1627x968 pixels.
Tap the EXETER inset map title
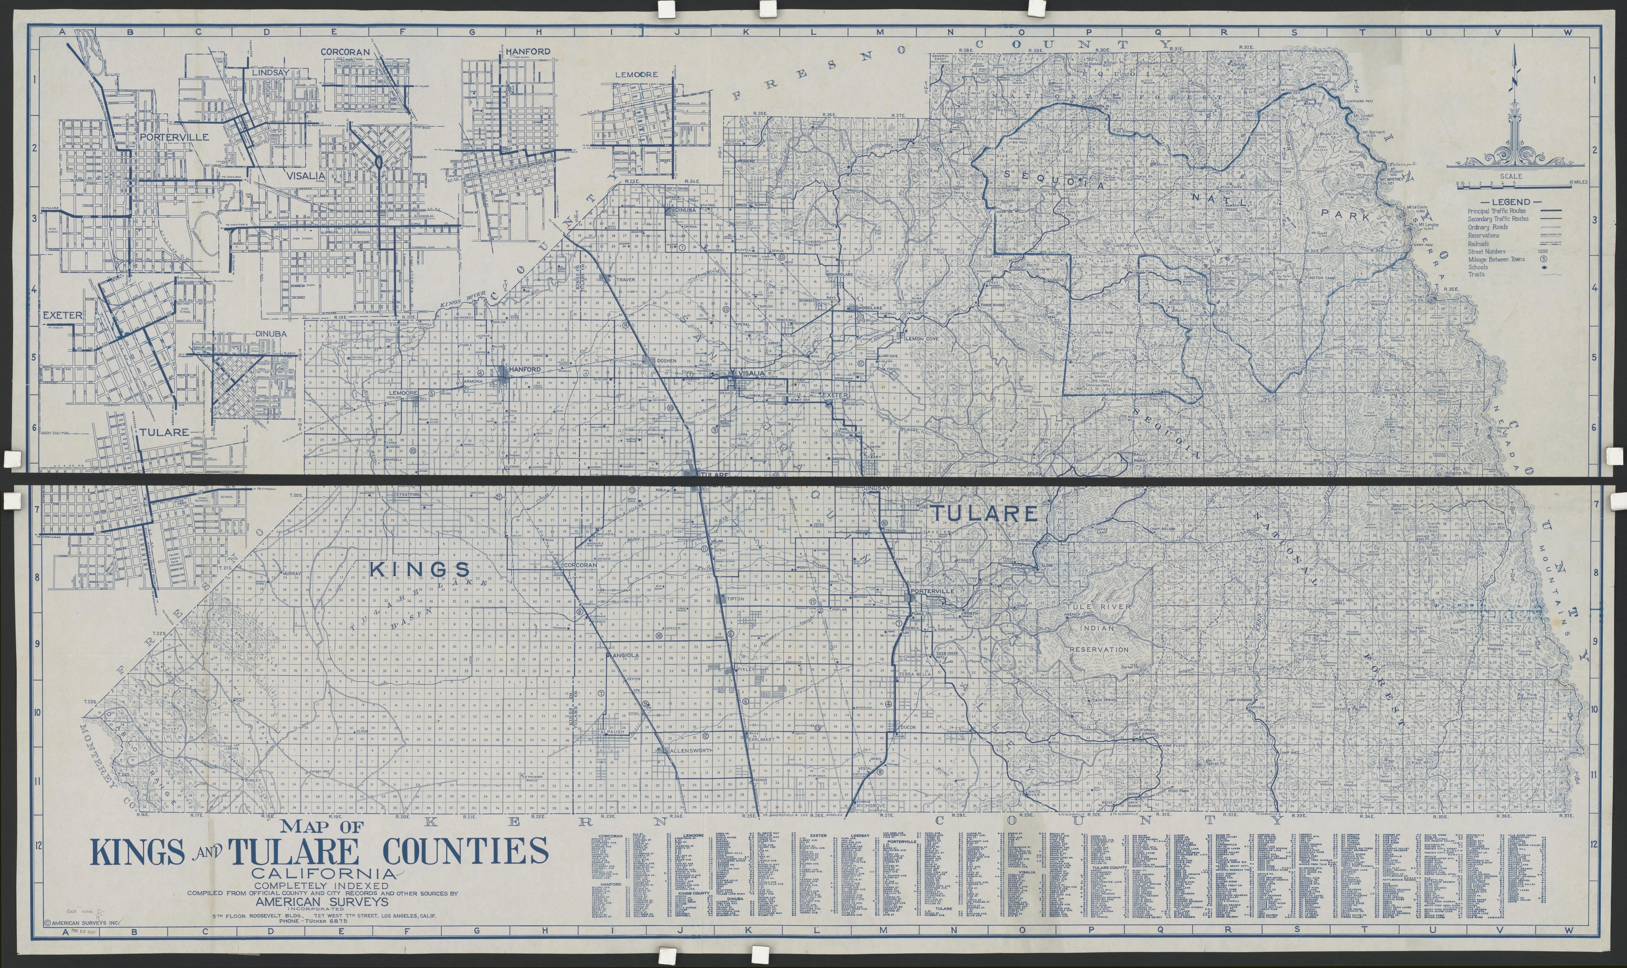point(63,315)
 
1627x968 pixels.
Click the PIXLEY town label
point(746,670)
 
